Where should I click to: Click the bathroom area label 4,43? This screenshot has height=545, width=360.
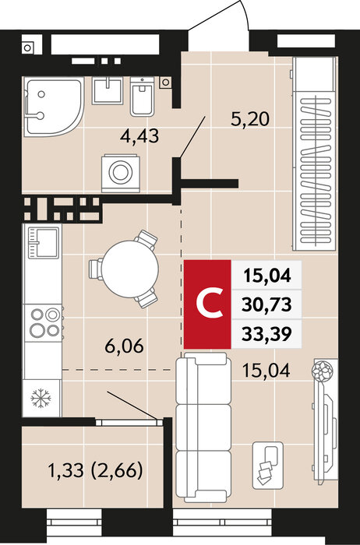click(139, 135)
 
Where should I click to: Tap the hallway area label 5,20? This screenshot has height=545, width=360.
click(250, 119)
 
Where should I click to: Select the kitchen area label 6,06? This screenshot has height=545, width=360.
click(124, 346)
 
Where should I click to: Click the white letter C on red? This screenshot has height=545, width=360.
click(210, 304)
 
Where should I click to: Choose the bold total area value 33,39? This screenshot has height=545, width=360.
click(266, 334)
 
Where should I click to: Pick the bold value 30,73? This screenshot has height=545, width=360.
click(266, 305)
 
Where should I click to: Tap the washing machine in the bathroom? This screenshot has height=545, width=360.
click(121, 173)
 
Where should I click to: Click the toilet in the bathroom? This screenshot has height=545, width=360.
click(143, 97)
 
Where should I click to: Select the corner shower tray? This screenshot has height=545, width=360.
click(54, 107)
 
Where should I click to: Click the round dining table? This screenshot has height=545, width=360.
click(129, 269)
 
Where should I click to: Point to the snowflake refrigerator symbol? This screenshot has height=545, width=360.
click(41, 398)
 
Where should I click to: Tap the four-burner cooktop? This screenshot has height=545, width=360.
click(42, 323)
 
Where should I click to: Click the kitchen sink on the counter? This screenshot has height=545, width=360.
click(43, 243)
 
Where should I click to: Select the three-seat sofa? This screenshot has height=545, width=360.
click(203, 427)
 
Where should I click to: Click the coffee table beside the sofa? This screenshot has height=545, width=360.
click(267, 465)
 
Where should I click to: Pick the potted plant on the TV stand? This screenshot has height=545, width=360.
click(323, 371)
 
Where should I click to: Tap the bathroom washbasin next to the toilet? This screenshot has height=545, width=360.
click(108, 90)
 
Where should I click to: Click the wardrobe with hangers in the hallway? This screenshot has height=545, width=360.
click(315, 153)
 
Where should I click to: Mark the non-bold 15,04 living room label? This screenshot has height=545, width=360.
click(266, 371)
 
